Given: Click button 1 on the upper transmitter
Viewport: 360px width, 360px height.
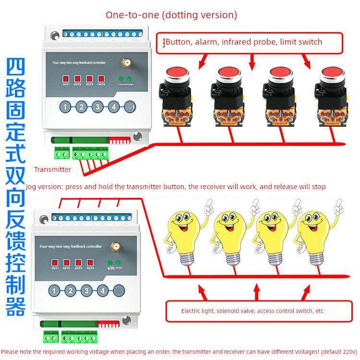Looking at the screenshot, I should tap(66, 107).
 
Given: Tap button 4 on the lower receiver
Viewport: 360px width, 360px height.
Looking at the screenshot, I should tap(102, 290).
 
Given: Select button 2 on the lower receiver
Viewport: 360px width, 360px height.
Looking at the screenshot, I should tap(71, 290).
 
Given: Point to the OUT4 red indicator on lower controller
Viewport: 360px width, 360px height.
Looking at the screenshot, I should tap(90, 262).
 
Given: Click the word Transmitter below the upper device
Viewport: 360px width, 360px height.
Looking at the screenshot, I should tap(52, 169).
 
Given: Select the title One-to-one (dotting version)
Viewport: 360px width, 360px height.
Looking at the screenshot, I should tap(171, 15).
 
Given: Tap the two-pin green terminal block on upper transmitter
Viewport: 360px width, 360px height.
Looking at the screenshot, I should tap(61, 154).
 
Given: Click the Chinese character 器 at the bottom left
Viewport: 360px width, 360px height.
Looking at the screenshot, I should tap(15, 304).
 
